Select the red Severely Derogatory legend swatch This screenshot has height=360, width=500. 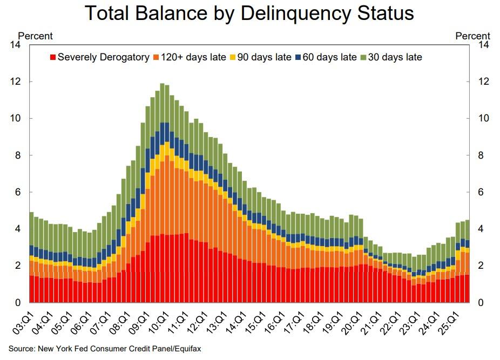click(x=53, y=57)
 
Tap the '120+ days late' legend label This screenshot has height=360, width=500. click(x=198, y=57)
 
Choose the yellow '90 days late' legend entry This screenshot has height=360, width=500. click(x=265, y=57)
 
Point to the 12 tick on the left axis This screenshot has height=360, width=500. click(x=15, y=81)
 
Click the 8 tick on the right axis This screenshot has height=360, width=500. click(x=484, y=155)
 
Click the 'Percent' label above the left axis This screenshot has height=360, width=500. click(x=36, y=36)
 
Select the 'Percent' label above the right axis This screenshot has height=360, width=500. click(x=473, y=36)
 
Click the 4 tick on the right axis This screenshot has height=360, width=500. click(x=484, y=229)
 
